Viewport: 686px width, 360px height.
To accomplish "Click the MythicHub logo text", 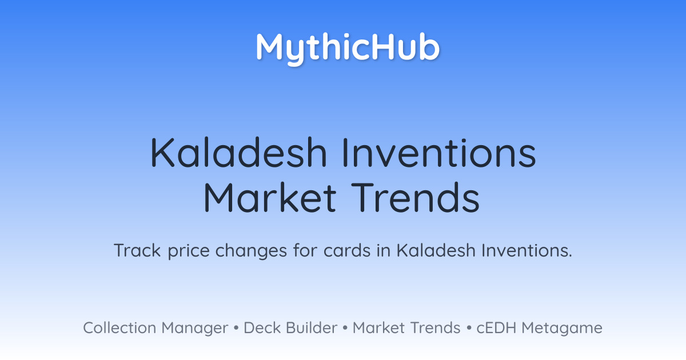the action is [348, 49].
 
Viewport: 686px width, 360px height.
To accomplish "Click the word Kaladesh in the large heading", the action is [238, 153].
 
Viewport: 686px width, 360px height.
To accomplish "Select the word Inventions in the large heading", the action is [439, 153].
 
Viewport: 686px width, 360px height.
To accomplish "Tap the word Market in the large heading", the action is [270, 197].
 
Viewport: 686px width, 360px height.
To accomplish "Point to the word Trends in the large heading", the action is [415, 197].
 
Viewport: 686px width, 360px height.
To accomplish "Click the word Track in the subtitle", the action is [137, 250].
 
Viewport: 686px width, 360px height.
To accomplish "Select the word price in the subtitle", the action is [189, 251].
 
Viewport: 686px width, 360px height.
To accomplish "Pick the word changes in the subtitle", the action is [251, 251].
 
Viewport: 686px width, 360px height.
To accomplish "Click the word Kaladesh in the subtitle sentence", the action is [436, 250].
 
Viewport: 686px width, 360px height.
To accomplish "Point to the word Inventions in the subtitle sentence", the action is [527, 250].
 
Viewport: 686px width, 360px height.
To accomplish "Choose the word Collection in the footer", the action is [119, 327].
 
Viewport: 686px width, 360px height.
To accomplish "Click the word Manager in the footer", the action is [195, 329].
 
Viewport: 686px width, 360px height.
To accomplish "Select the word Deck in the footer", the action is [262, 327].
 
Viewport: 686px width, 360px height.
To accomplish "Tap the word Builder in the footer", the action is [312, 327].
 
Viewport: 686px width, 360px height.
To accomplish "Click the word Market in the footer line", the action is [378, 327].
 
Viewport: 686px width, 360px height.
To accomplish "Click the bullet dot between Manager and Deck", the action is [236, 328].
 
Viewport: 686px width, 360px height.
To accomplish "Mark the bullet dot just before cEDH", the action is [469, 328].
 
